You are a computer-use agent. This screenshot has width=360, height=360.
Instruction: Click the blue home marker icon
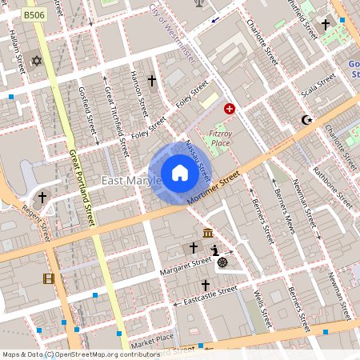click(179, 173)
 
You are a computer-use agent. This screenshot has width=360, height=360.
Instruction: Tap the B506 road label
click(34, 15)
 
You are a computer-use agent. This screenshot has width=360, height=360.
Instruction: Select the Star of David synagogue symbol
click(35, 61)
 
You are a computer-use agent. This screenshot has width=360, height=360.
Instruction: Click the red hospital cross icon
click(230, 108)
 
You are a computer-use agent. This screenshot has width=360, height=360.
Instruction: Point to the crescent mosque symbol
click(305, 120)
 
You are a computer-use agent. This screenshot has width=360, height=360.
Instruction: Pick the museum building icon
click(208, 234)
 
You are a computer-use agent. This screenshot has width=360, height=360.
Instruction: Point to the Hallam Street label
click(18, 55)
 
